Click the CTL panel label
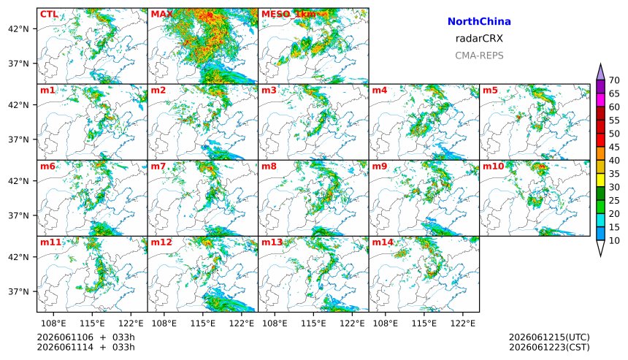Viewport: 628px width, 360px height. (x=49, y=15)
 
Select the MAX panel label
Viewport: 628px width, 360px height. (x=161, y=15)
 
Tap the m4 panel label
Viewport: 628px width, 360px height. (x=380, y=90)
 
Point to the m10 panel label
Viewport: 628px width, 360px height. (x=493, y=166)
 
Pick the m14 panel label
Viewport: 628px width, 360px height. (x=383, y=242)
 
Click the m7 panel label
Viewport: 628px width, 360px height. (x=158, y=166)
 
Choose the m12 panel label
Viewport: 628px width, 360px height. (x=161, y=242)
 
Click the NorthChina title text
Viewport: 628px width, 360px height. (x=479, y=22)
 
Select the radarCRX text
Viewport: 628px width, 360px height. (x=479, y=39)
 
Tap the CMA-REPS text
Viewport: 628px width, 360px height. (x=479, y=55)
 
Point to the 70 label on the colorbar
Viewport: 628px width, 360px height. (x=614, y=80)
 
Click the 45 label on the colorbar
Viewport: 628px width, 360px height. (x=614, y=148)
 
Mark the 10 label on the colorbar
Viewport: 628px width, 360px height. (x=614, y=241)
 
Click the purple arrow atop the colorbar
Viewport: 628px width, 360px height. (x=600, y=72)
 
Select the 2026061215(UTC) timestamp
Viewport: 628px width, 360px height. (x=549, y=337)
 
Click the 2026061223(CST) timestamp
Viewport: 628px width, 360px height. (x=549, y=347)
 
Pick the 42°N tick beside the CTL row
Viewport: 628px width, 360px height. (x=18, y=28)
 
